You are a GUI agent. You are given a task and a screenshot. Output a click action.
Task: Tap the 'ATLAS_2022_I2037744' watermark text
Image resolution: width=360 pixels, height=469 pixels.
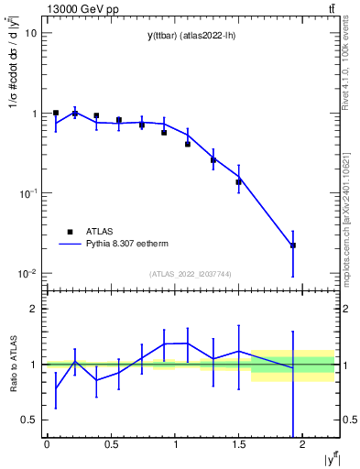[191, 274]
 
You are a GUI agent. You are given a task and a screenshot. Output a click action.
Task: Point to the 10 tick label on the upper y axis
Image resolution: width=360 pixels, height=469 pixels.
[31, 33]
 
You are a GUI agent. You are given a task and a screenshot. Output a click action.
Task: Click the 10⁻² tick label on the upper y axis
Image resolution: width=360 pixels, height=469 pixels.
[27, 274]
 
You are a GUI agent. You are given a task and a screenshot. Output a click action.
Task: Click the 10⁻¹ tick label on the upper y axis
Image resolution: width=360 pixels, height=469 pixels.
[27, 193]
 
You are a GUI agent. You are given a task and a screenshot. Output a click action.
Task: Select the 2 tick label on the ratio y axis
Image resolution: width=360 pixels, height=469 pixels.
[34, 310]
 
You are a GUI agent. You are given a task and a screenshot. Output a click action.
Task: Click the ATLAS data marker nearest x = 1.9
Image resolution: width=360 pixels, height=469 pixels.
[293, 245]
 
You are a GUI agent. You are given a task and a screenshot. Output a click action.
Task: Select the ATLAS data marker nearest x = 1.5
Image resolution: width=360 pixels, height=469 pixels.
[239, 181]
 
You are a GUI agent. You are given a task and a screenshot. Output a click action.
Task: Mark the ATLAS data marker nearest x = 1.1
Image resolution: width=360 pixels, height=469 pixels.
[188, 144]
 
